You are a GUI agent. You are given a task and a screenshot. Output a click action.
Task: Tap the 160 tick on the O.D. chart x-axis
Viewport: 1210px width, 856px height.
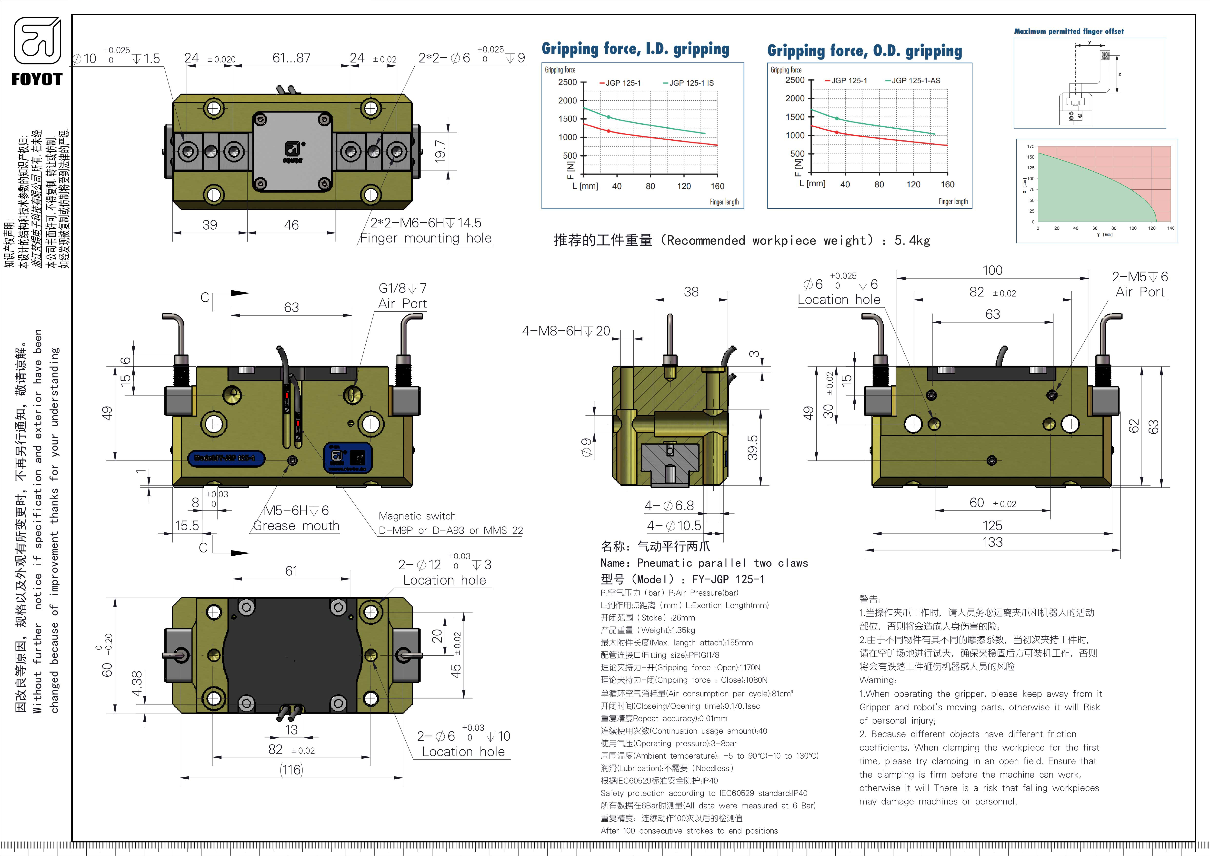[x=947, y=184]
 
